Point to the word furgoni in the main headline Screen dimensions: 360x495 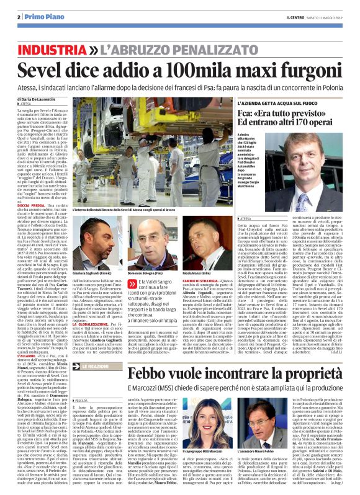(297, 70)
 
